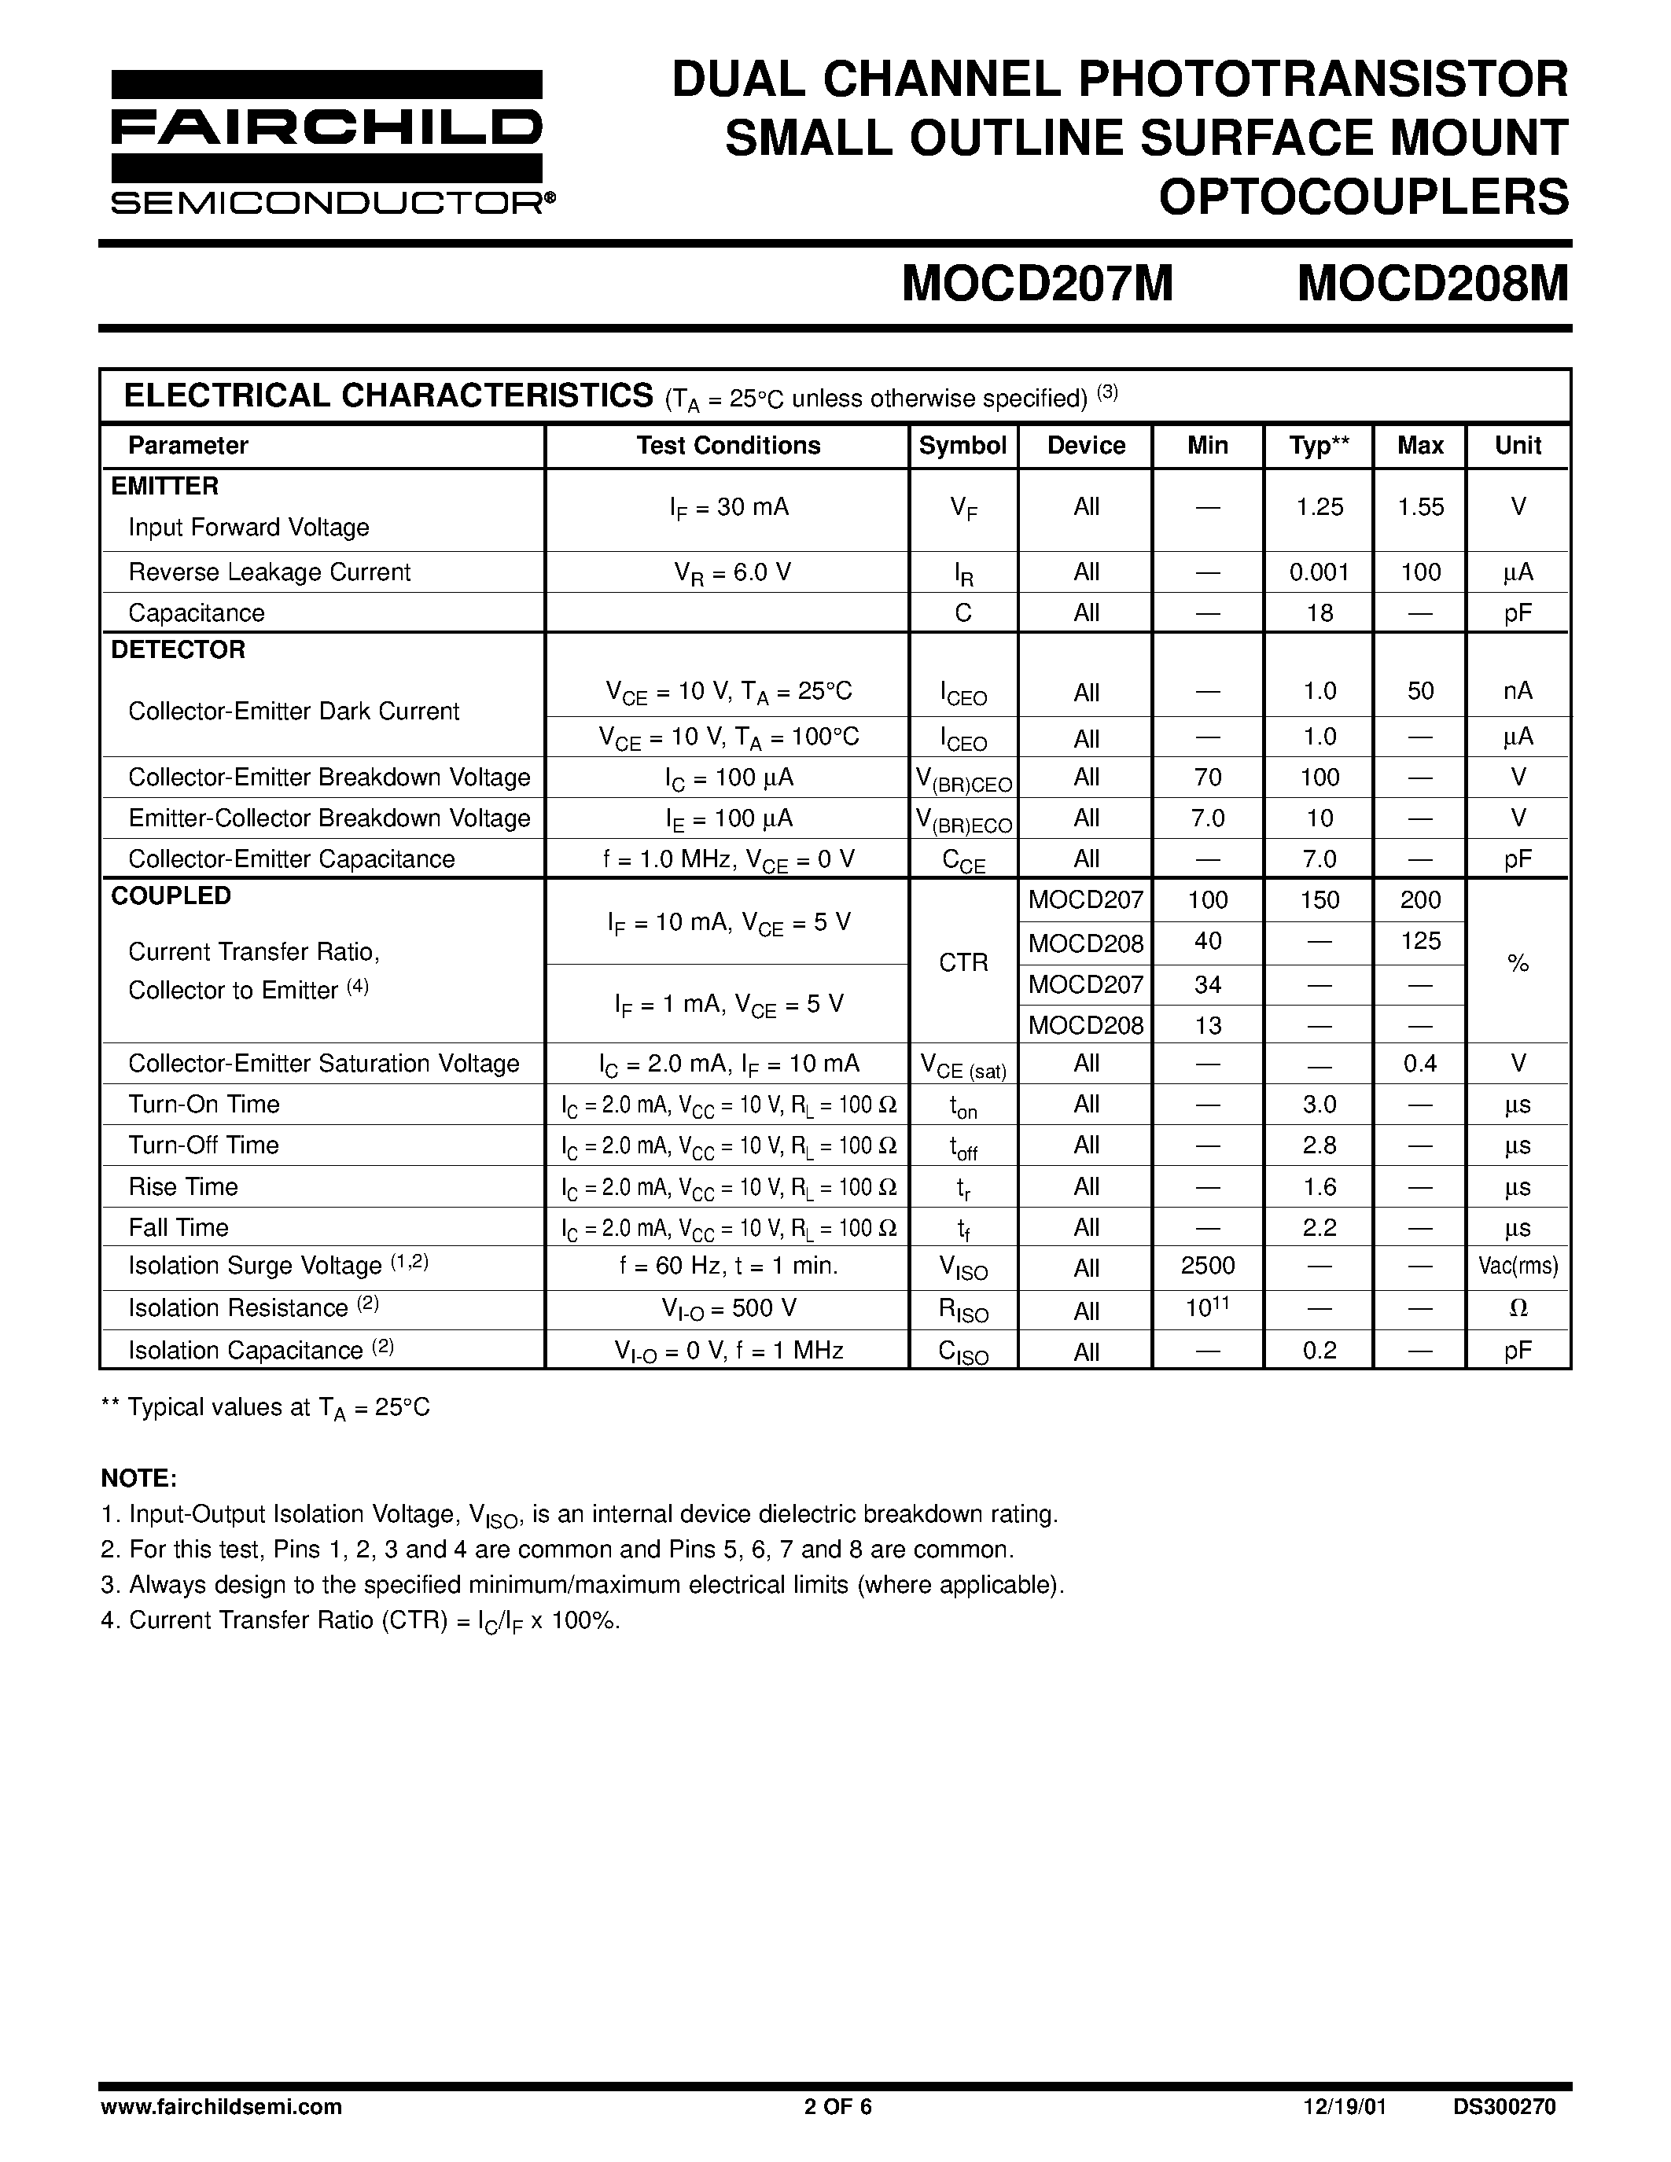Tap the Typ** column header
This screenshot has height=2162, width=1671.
coord(1319,446)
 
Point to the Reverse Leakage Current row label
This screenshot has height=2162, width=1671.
coord(269,572)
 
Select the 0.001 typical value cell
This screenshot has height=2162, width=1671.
coord(1319,572)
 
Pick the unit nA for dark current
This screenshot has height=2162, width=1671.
coord(1518,691)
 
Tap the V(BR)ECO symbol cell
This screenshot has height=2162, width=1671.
coord(963,821)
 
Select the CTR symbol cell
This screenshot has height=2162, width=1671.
coord(963,962)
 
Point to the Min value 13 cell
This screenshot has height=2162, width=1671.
coord(1207,1025)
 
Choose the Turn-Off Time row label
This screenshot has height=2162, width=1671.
coord(204,1145)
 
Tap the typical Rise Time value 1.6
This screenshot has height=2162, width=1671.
coord(1319,1187)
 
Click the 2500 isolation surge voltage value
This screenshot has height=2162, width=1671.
coord(1207,1266)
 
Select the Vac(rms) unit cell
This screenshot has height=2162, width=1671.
coord(1518,1267)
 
